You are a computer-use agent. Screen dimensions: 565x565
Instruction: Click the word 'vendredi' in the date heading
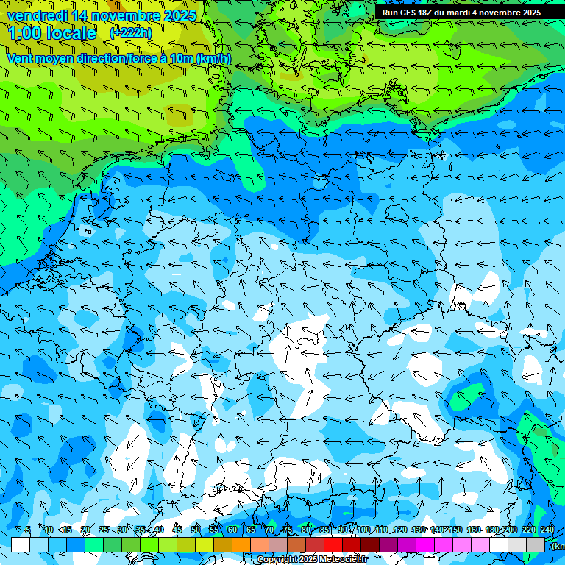[35, 15]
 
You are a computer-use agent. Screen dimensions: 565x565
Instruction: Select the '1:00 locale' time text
[52, 33]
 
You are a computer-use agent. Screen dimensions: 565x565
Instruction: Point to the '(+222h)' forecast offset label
[131, 33]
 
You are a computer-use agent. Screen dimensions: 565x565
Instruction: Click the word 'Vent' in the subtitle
[21, 58]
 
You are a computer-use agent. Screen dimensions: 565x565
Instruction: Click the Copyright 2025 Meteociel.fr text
[312, 560]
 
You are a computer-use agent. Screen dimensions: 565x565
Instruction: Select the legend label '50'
[195, 530]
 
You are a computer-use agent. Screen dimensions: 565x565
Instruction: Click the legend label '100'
[363, 530]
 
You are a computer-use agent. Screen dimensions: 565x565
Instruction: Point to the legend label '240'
[547, 530]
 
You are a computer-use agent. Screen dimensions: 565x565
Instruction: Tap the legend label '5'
[28, 530]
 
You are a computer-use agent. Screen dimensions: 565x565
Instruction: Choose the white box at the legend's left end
[20, 544]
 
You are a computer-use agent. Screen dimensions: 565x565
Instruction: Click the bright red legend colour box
[333, 544]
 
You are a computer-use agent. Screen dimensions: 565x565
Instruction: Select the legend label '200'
[511, 530]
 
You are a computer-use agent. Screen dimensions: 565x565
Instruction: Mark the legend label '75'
[288, 530]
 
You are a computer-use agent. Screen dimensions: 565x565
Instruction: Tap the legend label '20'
[85, 530]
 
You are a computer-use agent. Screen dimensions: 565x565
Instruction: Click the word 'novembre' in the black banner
[504, 12]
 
